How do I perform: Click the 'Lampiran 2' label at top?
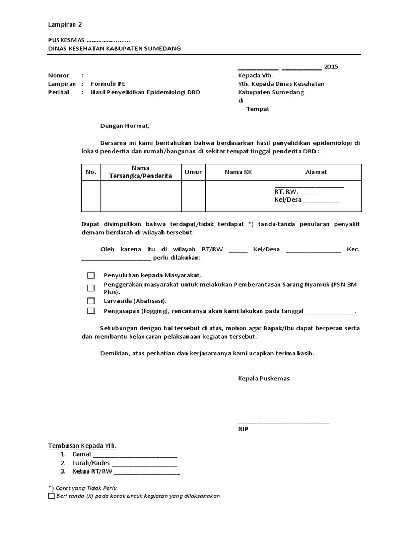pos(65,24)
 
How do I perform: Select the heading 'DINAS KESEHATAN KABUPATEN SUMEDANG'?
pos(114,48)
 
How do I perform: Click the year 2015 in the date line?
pos(330,67)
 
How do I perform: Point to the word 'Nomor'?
pos(58,75)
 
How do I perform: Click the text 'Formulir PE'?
pos(108,84)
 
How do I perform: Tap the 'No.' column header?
pos(91,172)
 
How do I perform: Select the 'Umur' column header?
pos(193,172)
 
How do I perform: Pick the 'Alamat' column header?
pos(316,172)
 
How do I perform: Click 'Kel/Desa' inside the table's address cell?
pos(287,200)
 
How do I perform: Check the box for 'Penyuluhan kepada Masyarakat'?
pos(91,275)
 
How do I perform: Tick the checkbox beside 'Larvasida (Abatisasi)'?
pos(91,300)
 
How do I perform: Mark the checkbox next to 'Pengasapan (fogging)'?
pos(91,311)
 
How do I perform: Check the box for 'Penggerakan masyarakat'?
pos(91,287)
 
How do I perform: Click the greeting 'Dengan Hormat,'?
pos(125,126)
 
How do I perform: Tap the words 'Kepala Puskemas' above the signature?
pos(263,379)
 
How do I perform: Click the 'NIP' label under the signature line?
pos(243,429)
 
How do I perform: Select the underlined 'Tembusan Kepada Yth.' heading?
pos(82,445)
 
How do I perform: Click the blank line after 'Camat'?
pos(135,454)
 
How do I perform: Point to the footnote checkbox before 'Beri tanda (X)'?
pos(51,496)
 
